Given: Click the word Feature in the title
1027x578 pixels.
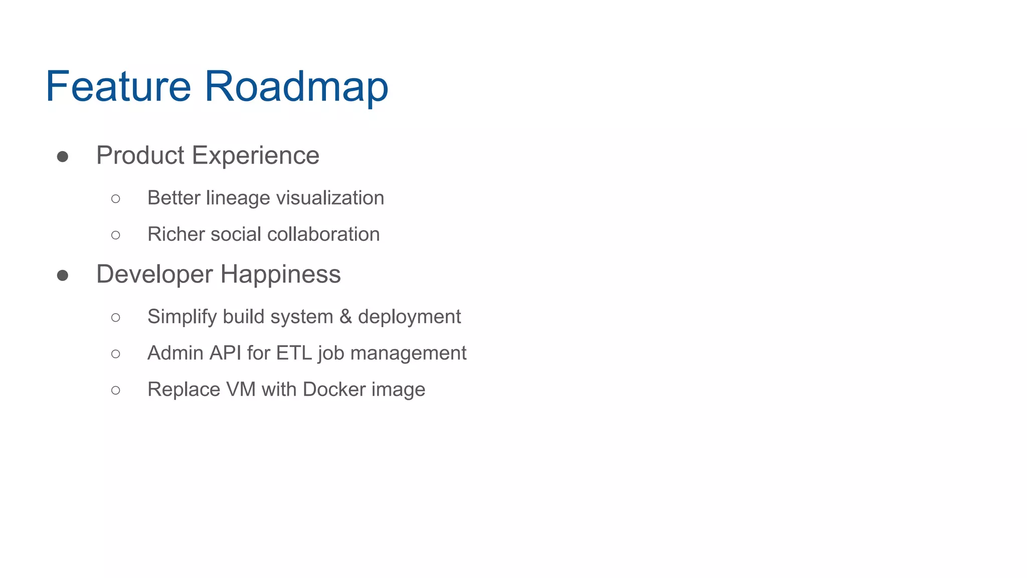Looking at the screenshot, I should pos(118,86).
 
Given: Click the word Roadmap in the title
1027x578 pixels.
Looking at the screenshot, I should pos(296,86).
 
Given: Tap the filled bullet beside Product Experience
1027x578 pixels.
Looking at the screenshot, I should pos(63,157).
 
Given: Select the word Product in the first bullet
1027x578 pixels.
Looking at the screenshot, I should pos(140,156).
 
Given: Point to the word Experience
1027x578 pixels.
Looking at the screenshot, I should pos(256,156).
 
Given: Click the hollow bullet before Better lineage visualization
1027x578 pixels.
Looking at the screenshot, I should pos(116,199).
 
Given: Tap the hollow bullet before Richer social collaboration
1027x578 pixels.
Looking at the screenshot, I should pos(116,235).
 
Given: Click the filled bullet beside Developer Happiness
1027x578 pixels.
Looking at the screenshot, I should pos(63,275).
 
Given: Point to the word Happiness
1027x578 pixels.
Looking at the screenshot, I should pos(280,274).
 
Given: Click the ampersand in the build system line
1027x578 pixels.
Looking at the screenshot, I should pos(346,317).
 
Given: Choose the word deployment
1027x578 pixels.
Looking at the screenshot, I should pos(409,317).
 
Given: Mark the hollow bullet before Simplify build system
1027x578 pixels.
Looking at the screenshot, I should pos(116,317).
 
